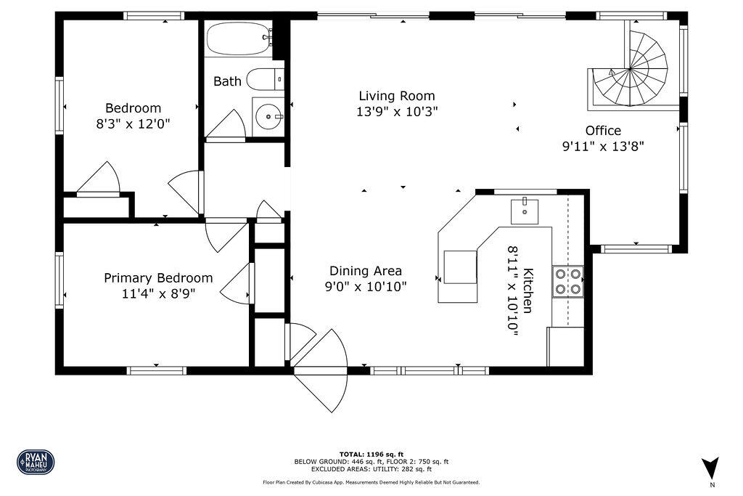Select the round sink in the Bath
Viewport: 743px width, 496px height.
point(269,115)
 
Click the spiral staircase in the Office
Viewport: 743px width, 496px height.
point(631,70)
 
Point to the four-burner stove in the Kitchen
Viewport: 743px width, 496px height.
point(568,282)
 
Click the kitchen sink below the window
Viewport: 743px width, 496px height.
point(525,211)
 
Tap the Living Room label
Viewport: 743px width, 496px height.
point(397,96)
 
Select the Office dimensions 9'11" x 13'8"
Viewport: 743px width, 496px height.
point(604,145)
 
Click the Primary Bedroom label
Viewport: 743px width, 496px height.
point(158,278)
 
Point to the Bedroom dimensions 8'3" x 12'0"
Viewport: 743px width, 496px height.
point(133,123)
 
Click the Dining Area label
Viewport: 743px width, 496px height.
point(366,271)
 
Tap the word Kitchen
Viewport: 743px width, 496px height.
point(528,290)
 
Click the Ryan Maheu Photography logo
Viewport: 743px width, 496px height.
point(36,461)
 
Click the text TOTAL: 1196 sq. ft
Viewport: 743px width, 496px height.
point(371,454)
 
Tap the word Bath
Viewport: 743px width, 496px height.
point(227,81)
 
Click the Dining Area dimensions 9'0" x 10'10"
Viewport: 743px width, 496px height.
point(366,286)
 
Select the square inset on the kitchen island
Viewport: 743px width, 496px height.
point(460,267)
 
